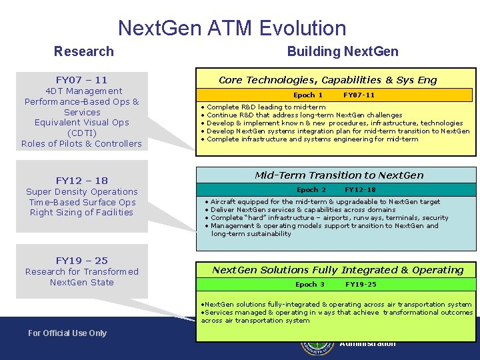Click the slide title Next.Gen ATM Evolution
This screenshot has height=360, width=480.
(x=232, y=29)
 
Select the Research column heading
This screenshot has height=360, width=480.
(x=84, y=51)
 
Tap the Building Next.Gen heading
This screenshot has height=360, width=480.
(x=342, y=51)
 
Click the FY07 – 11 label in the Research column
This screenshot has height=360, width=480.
(x=82, y=80)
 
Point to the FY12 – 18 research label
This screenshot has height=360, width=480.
(x=82, y=181)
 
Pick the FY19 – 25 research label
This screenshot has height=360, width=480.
(x=82, y=261)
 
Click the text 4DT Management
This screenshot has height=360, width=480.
(x=83, y=91)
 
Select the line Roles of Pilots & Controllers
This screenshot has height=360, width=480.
(x=82, y=143)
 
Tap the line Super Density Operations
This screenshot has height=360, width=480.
(x=82, y=192)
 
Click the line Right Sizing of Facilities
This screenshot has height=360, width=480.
(x=82, y=213)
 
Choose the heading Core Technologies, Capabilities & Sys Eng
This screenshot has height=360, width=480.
(x=327, y=80)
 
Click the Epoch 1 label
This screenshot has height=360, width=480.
(x=308, y=95)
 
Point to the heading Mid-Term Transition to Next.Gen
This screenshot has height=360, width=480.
(x=339, y=175)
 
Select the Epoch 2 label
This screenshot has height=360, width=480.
(x=311, y=190)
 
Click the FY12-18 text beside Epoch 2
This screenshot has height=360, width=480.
(x=360, y=190)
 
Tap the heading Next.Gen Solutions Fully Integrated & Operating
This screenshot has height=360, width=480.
(x=337, y=270)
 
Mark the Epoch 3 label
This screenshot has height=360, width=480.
(x=310, y=285)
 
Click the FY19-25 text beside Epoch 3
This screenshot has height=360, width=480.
(x=361, y=285)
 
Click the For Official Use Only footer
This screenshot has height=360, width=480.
(x=67, y=333)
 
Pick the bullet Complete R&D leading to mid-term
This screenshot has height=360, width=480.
(x=266, y=107)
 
